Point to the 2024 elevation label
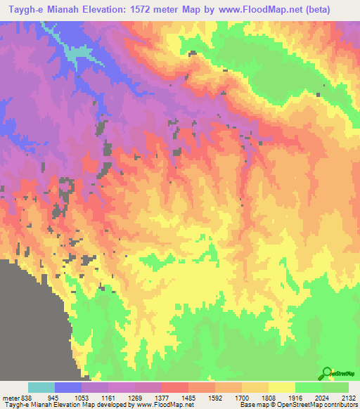(330, 397)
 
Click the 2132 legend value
(349, 397)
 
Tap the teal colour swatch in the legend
(41, 387)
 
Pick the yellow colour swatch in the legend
(281, 387)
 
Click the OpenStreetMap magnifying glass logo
(326, 374)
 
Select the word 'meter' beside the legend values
(9, 397)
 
